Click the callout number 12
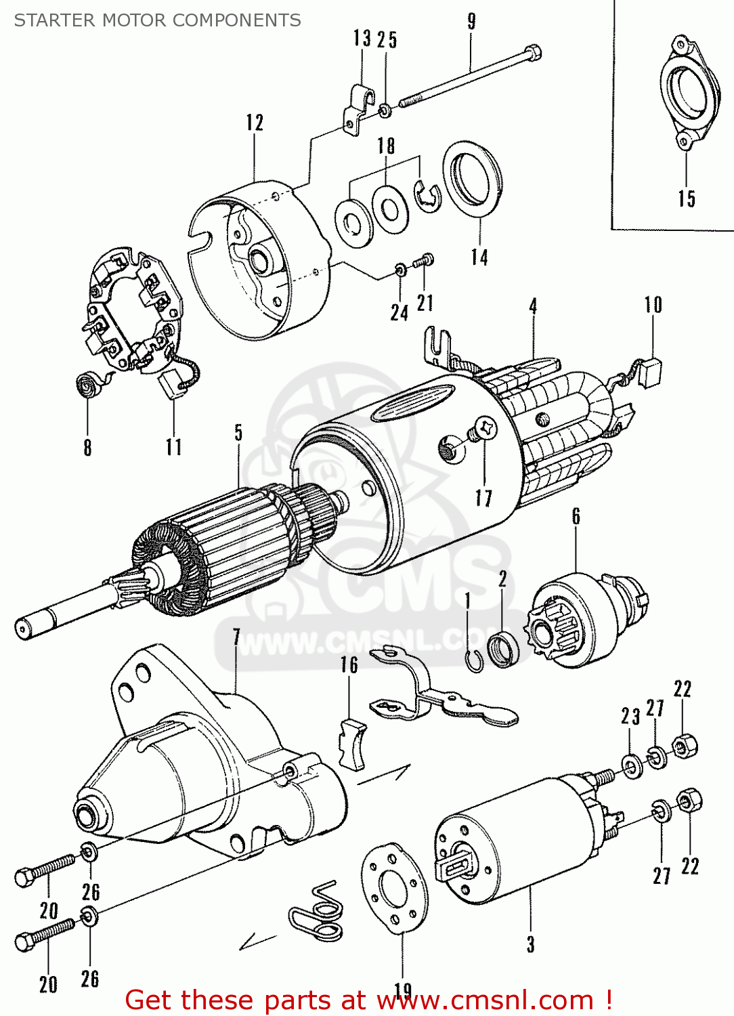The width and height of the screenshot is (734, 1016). [255, 123]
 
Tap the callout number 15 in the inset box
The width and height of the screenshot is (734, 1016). [687, 198]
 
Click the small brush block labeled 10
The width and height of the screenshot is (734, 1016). [652, 373]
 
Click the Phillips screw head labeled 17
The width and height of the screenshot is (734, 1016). [485, 428]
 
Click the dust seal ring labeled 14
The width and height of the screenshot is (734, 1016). [473, 179]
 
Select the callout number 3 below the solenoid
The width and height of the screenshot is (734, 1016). [531, 944]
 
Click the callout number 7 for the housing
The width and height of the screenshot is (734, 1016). [236, 637]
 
